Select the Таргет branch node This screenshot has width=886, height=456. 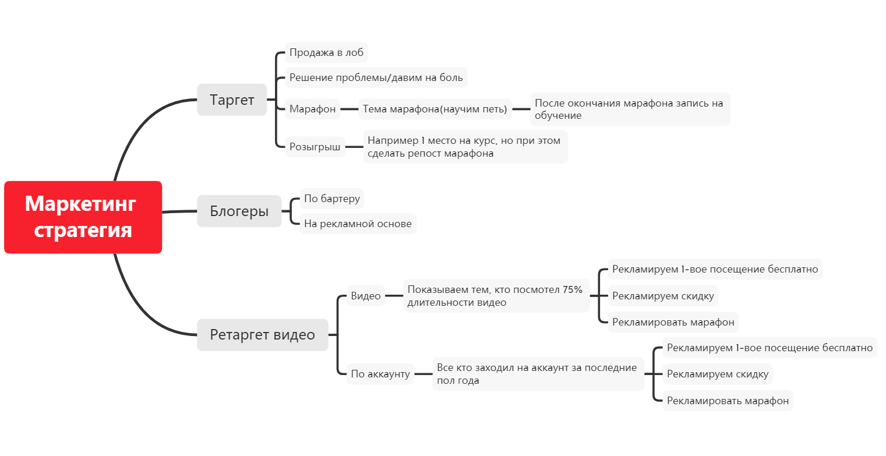tap(232, 100)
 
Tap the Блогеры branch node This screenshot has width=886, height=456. tap(239, 211)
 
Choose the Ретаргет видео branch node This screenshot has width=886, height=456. tap(262, 335)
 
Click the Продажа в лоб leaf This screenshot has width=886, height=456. tap(326, 53)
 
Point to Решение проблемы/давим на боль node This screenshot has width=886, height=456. tap(376, 77)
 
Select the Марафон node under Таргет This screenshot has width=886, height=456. tap(313, 109)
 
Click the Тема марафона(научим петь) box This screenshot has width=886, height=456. tap(435, 109)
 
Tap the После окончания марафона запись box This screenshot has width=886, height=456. tap(630, 109)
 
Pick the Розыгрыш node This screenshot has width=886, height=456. tap(315, 147)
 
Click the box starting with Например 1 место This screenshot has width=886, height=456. tap(465, 147)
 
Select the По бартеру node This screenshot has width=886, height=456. tap(332, 199)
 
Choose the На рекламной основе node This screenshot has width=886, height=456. tap(358, 224)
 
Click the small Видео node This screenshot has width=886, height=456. tap(365, 296)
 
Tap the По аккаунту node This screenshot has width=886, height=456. tap(380, 374)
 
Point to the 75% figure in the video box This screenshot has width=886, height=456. tap(573, 290)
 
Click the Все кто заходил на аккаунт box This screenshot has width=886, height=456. tap(537, 374)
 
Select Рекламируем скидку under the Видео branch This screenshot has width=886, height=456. tap(663, 296)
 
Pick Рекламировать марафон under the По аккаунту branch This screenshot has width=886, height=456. tap(728, 401)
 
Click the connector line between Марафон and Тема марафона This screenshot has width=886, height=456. tap(350, 109)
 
